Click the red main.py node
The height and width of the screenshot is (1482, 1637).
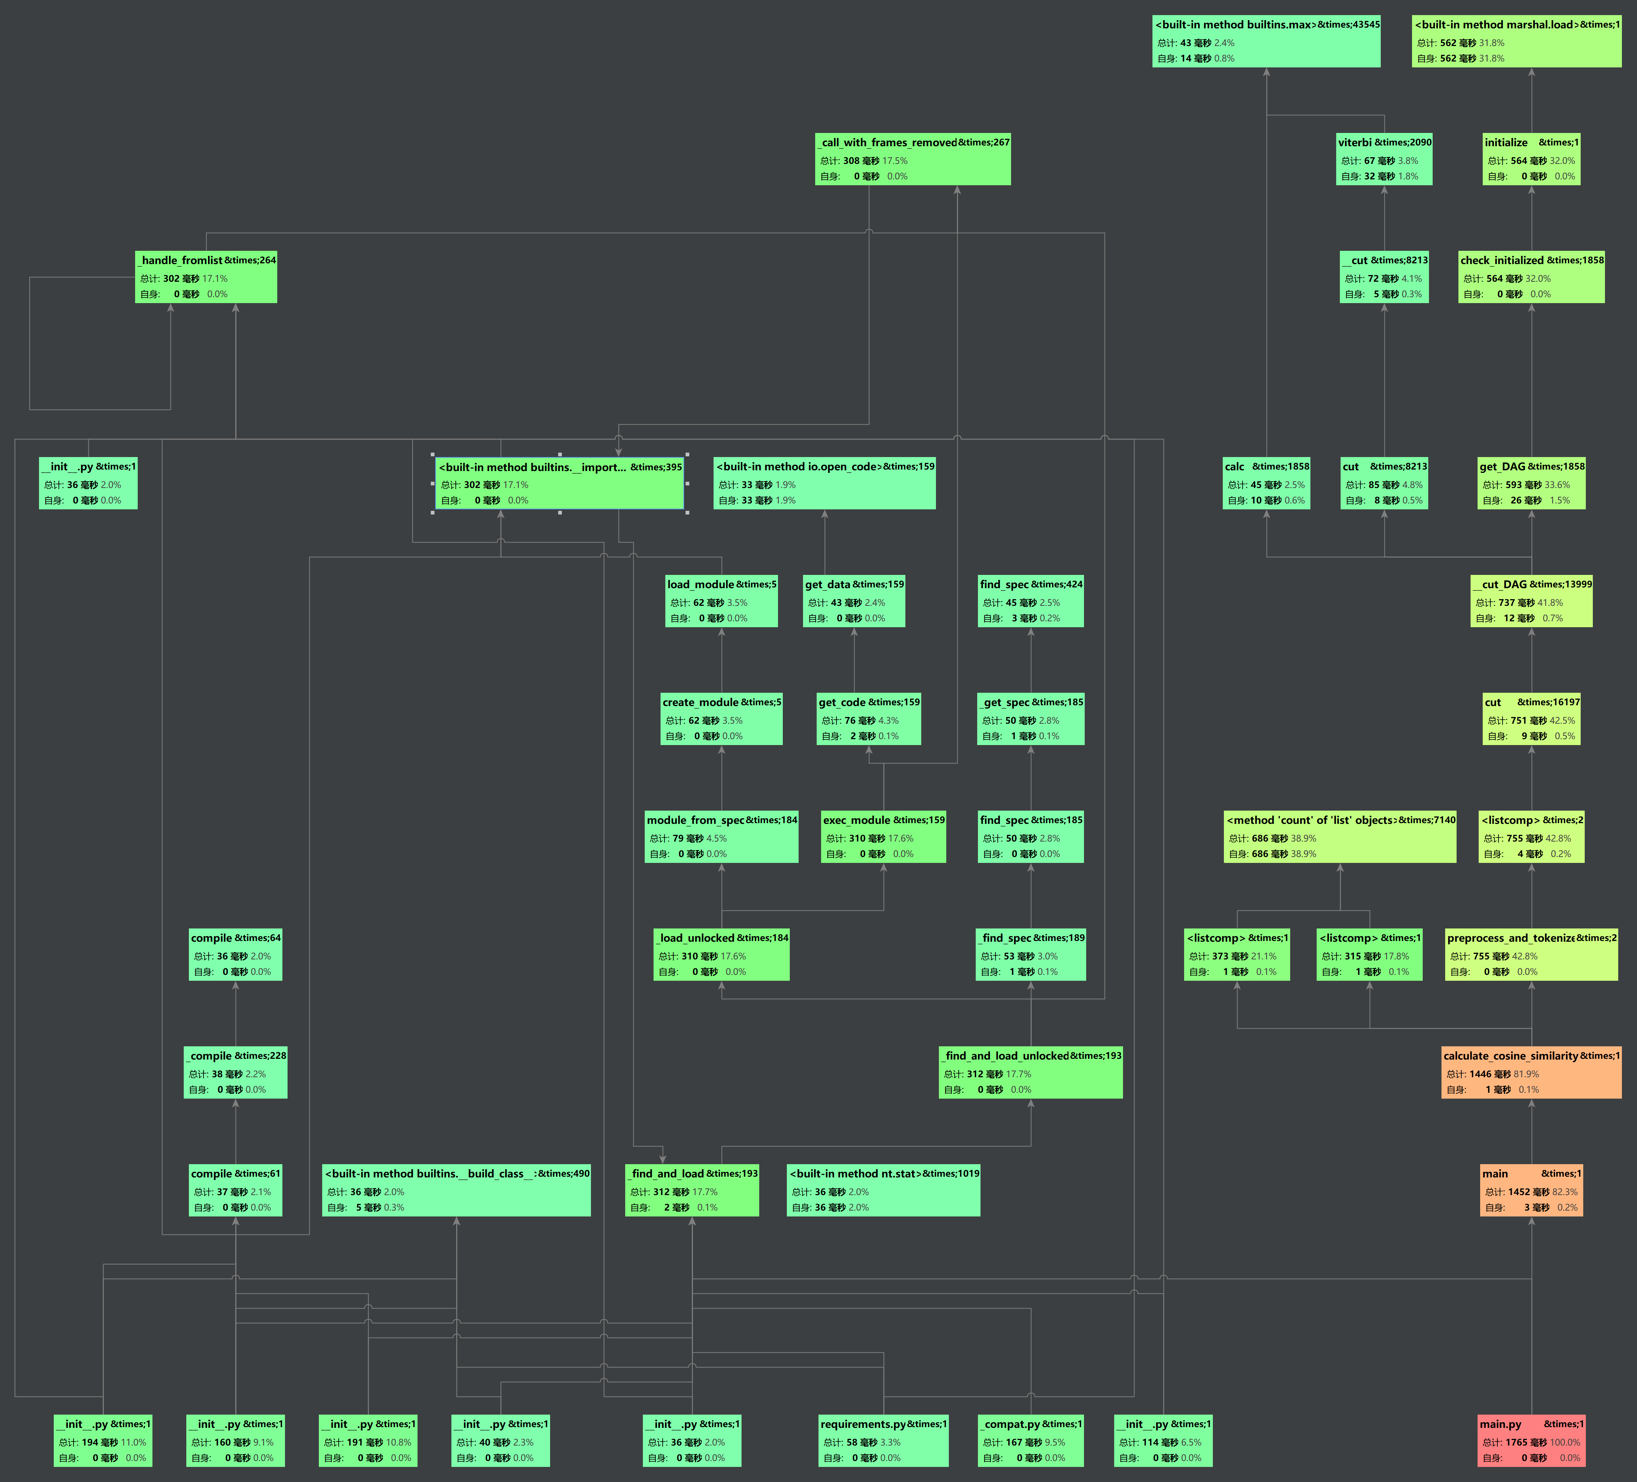click(x=1531, y=1441)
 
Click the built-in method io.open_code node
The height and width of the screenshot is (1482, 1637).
click(x=824, y=483)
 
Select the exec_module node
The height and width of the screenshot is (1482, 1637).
click(x=883, y=836)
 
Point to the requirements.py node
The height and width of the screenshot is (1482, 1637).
click(x=883, y=1441)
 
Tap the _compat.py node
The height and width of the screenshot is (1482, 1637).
click(x=1031, y=1441)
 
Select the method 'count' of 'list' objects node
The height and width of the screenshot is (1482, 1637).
click(x=1340, y=836)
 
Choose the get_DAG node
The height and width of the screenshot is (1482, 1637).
click(x=1531, y=483)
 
